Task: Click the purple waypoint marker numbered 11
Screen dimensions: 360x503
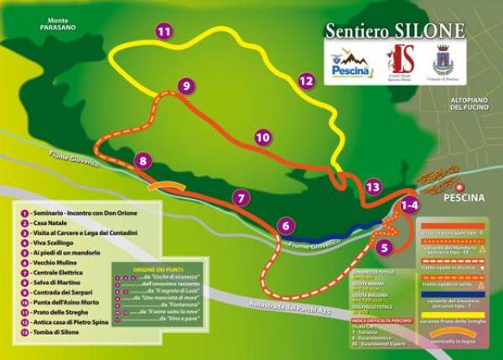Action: point(163,31)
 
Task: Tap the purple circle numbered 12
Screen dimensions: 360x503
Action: point(306,81)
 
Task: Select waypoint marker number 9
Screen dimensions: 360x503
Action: point(186,85)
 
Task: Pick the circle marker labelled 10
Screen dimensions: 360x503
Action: point(262,136)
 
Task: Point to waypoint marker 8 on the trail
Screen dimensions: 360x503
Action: point(144,160)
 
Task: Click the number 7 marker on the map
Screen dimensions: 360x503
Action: point(241,198)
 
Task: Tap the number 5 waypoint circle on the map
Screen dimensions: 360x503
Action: point(384,248)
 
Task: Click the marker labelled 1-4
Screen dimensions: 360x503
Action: point(409,204)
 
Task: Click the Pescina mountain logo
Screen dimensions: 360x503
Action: point(351,64)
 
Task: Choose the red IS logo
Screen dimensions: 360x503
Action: point(400,60)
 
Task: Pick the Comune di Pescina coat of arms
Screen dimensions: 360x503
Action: point(441,60)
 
